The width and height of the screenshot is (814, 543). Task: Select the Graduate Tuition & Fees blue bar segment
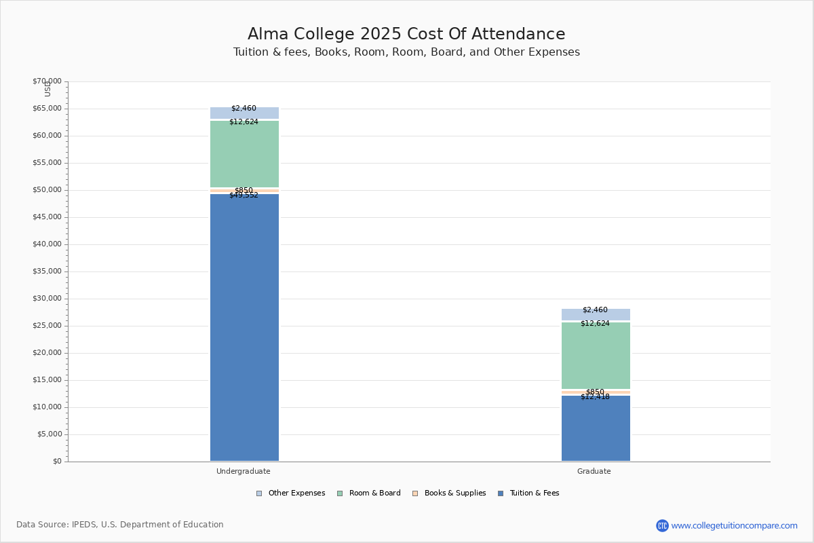[596, 428]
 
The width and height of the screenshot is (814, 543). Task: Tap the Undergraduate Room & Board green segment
[244, 154]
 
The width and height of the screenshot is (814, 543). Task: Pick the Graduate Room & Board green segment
[596, 356]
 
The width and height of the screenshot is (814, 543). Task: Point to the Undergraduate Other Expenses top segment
[244, 113]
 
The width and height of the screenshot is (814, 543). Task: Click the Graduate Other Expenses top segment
[596, 315]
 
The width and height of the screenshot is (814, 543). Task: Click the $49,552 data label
[244, 195]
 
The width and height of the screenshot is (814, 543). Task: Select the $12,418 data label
[595, 397]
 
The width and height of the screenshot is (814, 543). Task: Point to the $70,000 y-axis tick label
[47, 81]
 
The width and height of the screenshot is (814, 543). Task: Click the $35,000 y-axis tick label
[47, 271]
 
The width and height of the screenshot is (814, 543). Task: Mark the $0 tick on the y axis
[57, 462]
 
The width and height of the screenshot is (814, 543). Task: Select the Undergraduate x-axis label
[244, 471]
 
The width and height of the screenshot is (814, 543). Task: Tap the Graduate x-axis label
[594, 471]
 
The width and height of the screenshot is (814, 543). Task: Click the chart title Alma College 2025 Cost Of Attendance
[406, 34]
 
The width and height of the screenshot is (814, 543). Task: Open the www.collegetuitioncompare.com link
[734, 525]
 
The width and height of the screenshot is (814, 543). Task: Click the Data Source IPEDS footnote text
[120, 525]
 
